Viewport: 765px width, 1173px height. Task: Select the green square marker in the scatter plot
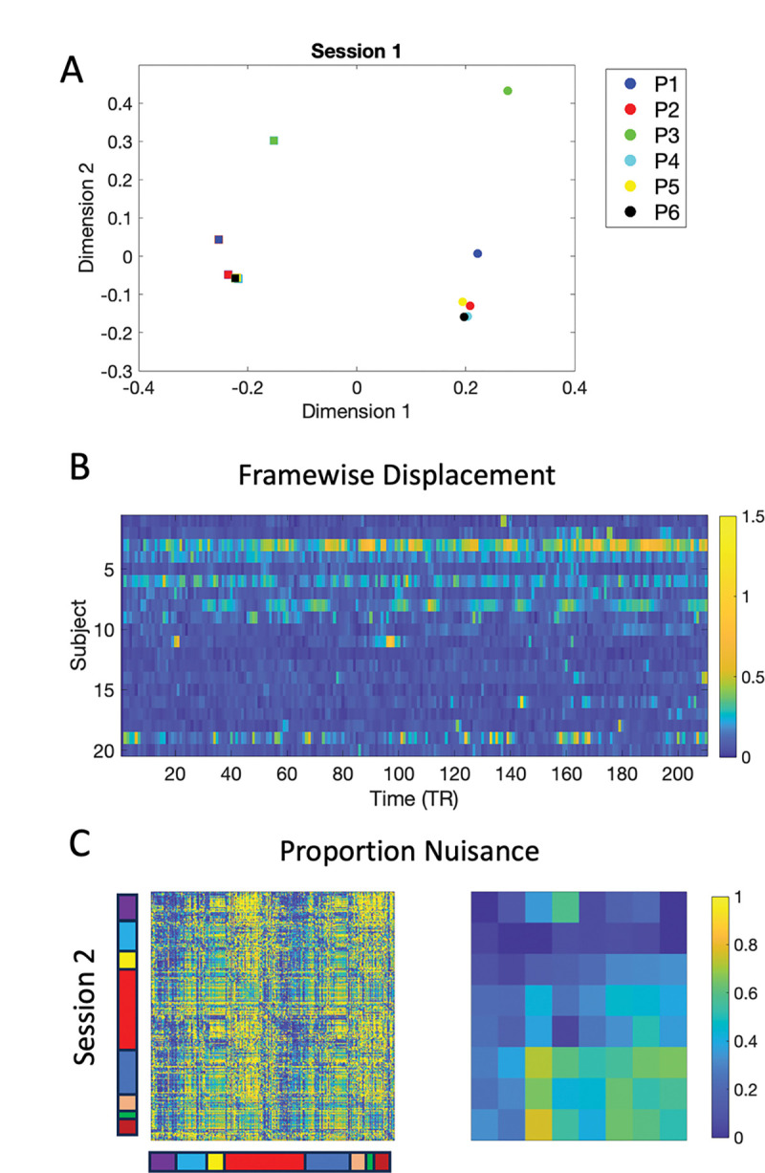(274, 141)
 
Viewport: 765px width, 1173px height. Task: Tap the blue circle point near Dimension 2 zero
(477, 253)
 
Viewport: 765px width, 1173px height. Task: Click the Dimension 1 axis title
(355, 412)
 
